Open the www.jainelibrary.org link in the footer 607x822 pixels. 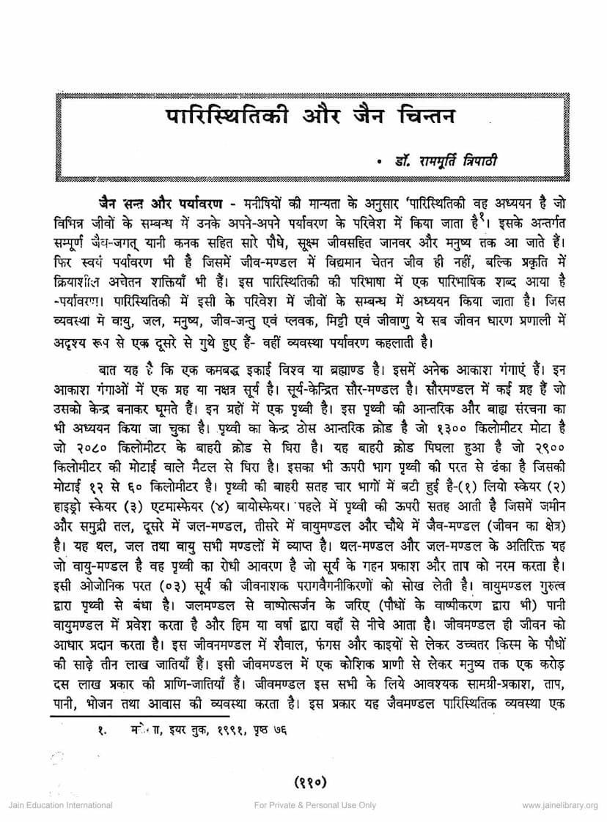[559, 805]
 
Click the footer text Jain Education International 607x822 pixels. [60, 805]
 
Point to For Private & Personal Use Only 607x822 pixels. [315, 805]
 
